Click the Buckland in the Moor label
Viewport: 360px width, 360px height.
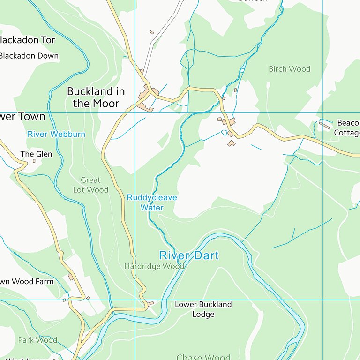click(96, 97)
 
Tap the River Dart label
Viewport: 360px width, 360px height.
click(189, 255)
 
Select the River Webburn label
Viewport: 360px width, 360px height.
click(56, 134)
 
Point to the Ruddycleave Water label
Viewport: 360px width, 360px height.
click(152, 202)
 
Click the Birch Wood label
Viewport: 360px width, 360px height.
click(289, 69)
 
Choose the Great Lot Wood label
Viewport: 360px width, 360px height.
click(90, 185)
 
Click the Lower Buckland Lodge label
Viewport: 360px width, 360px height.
click(203, 309)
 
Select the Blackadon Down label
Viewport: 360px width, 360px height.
click(29, 56)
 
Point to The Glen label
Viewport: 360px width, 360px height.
click(36, 154)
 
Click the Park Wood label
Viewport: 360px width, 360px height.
click(37, 340)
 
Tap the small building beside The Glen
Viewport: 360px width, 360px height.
click(34, 161)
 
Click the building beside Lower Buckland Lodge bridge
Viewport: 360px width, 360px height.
click(151, 304)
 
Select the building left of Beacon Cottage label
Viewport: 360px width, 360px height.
click(324, 125)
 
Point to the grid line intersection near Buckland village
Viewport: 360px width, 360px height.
click(135, 112)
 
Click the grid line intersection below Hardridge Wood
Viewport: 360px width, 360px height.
click(135, 300)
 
